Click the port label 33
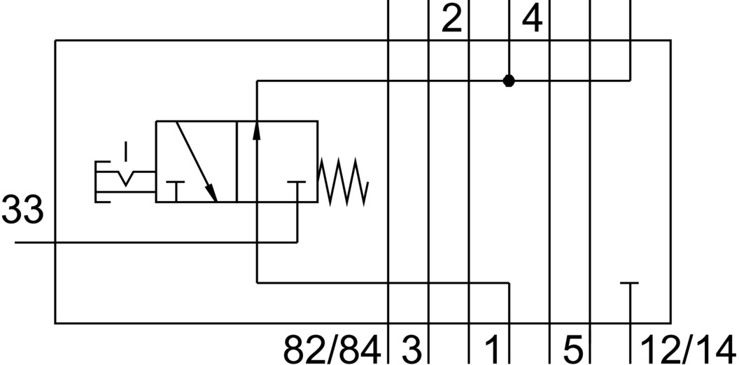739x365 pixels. [x=22, y=210]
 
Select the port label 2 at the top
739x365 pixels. [x=451, y=20]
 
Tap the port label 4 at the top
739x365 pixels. [x=532, y=20]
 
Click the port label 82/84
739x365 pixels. [x=332, y=348]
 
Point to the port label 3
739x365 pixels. [x=411, y=348]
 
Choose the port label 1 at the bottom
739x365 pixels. [x=493, y=348]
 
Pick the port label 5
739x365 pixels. [x=572, y=348]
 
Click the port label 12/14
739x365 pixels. [x=689, y=348]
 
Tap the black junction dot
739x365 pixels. [x=509, y=81]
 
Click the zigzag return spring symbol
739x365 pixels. [x=343, y=181]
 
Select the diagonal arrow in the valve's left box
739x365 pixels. [x=197, y=160]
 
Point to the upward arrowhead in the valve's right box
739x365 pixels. [x=257, y=130]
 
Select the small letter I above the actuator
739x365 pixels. [x=125, y=149]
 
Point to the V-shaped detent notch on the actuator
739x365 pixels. [x=125, y=179]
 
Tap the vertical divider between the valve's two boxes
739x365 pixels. [x=237, y=161]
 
